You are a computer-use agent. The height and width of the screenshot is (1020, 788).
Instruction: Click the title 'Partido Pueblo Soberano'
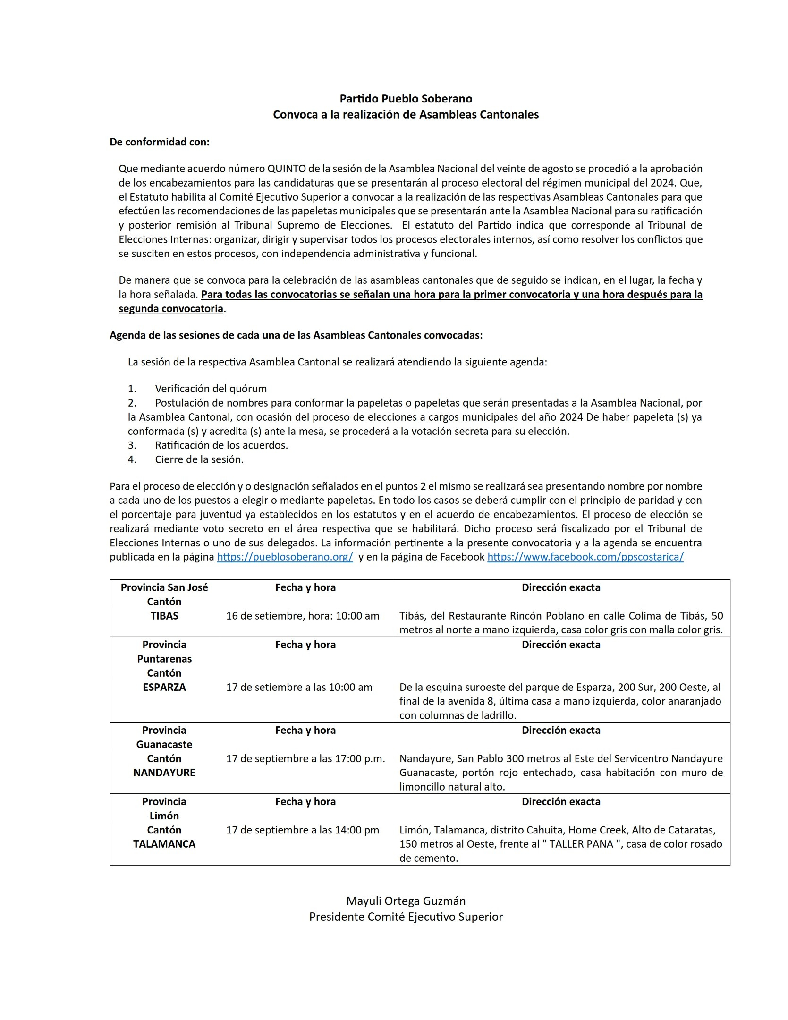click(406, 99)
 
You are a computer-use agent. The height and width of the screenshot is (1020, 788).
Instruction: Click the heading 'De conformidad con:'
click(159, 142)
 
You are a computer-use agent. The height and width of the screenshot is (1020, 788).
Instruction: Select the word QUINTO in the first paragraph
click(287, 169)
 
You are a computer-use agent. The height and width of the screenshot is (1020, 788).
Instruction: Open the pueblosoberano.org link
click(285, 557)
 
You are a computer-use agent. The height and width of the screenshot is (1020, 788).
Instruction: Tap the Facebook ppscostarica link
click(585, 557)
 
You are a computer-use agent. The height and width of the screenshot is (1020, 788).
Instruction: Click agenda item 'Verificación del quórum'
click(211, 389)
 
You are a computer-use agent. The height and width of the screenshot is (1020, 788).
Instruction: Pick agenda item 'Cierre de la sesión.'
click(199, 459)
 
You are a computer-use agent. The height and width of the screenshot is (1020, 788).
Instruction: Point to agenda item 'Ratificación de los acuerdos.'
click(221, 445)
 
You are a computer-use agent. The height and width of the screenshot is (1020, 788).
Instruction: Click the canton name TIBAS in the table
click(164, 616)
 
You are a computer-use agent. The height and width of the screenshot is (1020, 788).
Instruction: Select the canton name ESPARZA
click(164, 687)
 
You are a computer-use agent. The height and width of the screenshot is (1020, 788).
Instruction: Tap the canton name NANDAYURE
click(164, 773)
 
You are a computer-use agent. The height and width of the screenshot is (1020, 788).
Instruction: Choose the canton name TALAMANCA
click(164, 844)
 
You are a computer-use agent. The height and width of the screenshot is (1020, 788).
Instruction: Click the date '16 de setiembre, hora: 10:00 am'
click(303, 616)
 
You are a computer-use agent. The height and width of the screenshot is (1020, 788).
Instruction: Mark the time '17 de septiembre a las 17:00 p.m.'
click(305, 758)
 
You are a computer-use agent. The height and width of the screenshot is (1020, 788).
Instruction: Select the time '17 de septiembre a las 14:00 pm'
click(303, 830)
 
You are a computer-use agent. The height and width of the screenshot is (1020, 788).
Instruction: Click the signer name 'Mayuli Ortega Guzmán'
click(406, 901)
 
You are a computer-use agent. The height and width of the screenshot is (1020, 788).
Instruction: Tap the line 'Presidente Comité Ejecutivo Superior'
click(406, 917)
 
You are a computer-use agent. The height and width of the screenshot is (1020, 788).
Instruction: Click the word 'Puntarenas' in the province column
click(164, 659)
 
